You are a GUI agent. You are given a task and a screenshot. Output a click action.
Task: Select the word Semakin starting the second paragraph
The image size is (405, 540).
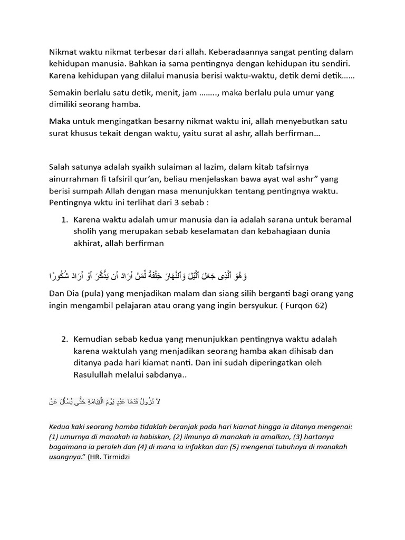pos(66,93)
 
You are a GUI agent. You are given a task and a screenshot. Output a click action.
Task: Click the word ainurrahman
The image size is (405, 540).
pos(74,179)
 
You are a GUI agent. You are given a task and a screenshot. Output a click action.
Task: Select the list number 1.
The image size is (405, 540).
pos(65,219)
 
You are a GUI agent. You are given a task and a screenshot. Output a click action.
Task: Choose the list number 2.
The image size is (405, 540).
pos(65,339)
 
